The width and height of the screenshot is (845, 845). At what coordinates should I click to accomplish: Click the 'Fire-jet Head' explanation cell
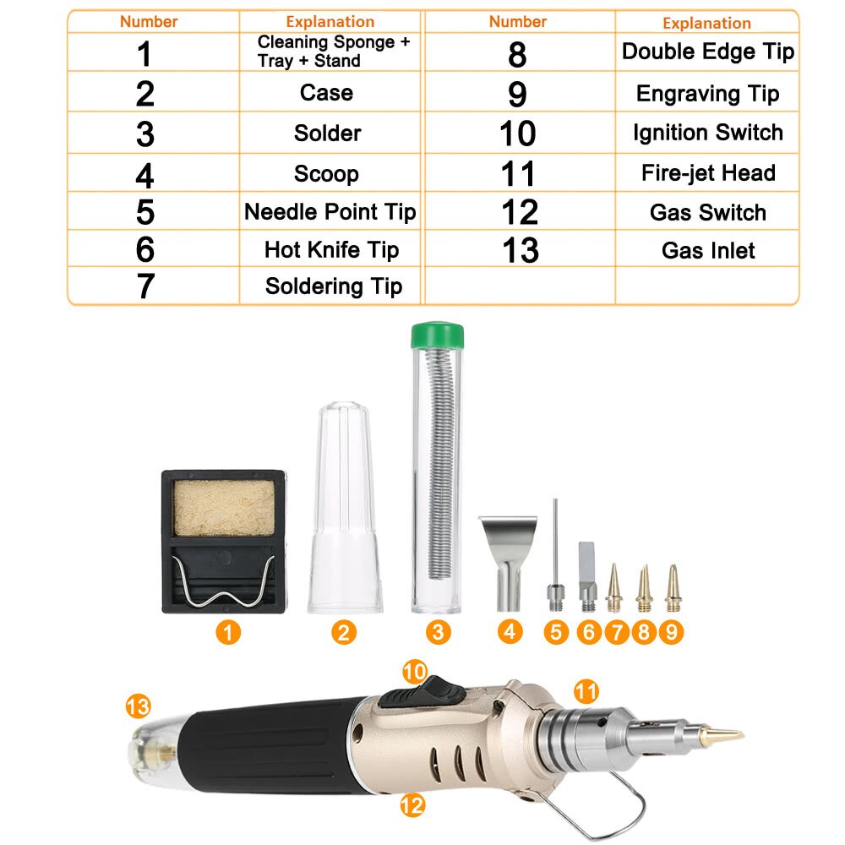[707, 173]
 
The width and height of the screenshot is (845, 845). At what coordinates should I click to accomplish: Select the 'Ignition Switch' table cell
[707, 133]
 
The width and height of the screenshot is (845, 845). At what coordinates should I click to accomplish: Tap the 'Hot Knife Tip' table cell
[330, 249]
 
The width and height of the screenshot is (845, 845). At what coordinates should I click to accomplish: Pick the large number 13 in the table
[518, 250]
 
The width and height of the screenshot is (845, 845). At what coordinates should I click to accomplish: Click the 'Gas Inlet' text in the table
[707, 250]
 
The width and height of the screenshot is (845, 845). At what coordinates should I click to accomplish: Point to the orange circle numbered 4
[510, 631]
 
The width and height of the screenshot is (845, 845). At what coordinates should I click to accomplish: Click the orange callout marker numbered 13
[137, 704]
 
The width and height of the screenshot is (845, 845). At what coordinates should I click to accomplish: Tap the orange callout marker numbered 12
[412, 805]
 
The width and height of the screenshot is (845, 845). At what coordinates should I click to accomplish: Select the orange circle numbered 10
[415, 672]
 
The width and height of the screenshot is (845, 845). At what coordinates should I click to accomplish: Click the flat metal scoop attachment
[508, 558]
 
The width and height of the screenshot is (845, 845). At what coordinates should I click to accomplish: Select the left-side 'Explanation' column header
[330, 22]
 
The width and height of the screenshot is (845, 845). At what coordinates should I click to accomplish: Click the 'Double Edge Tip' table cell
[707, 52]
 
